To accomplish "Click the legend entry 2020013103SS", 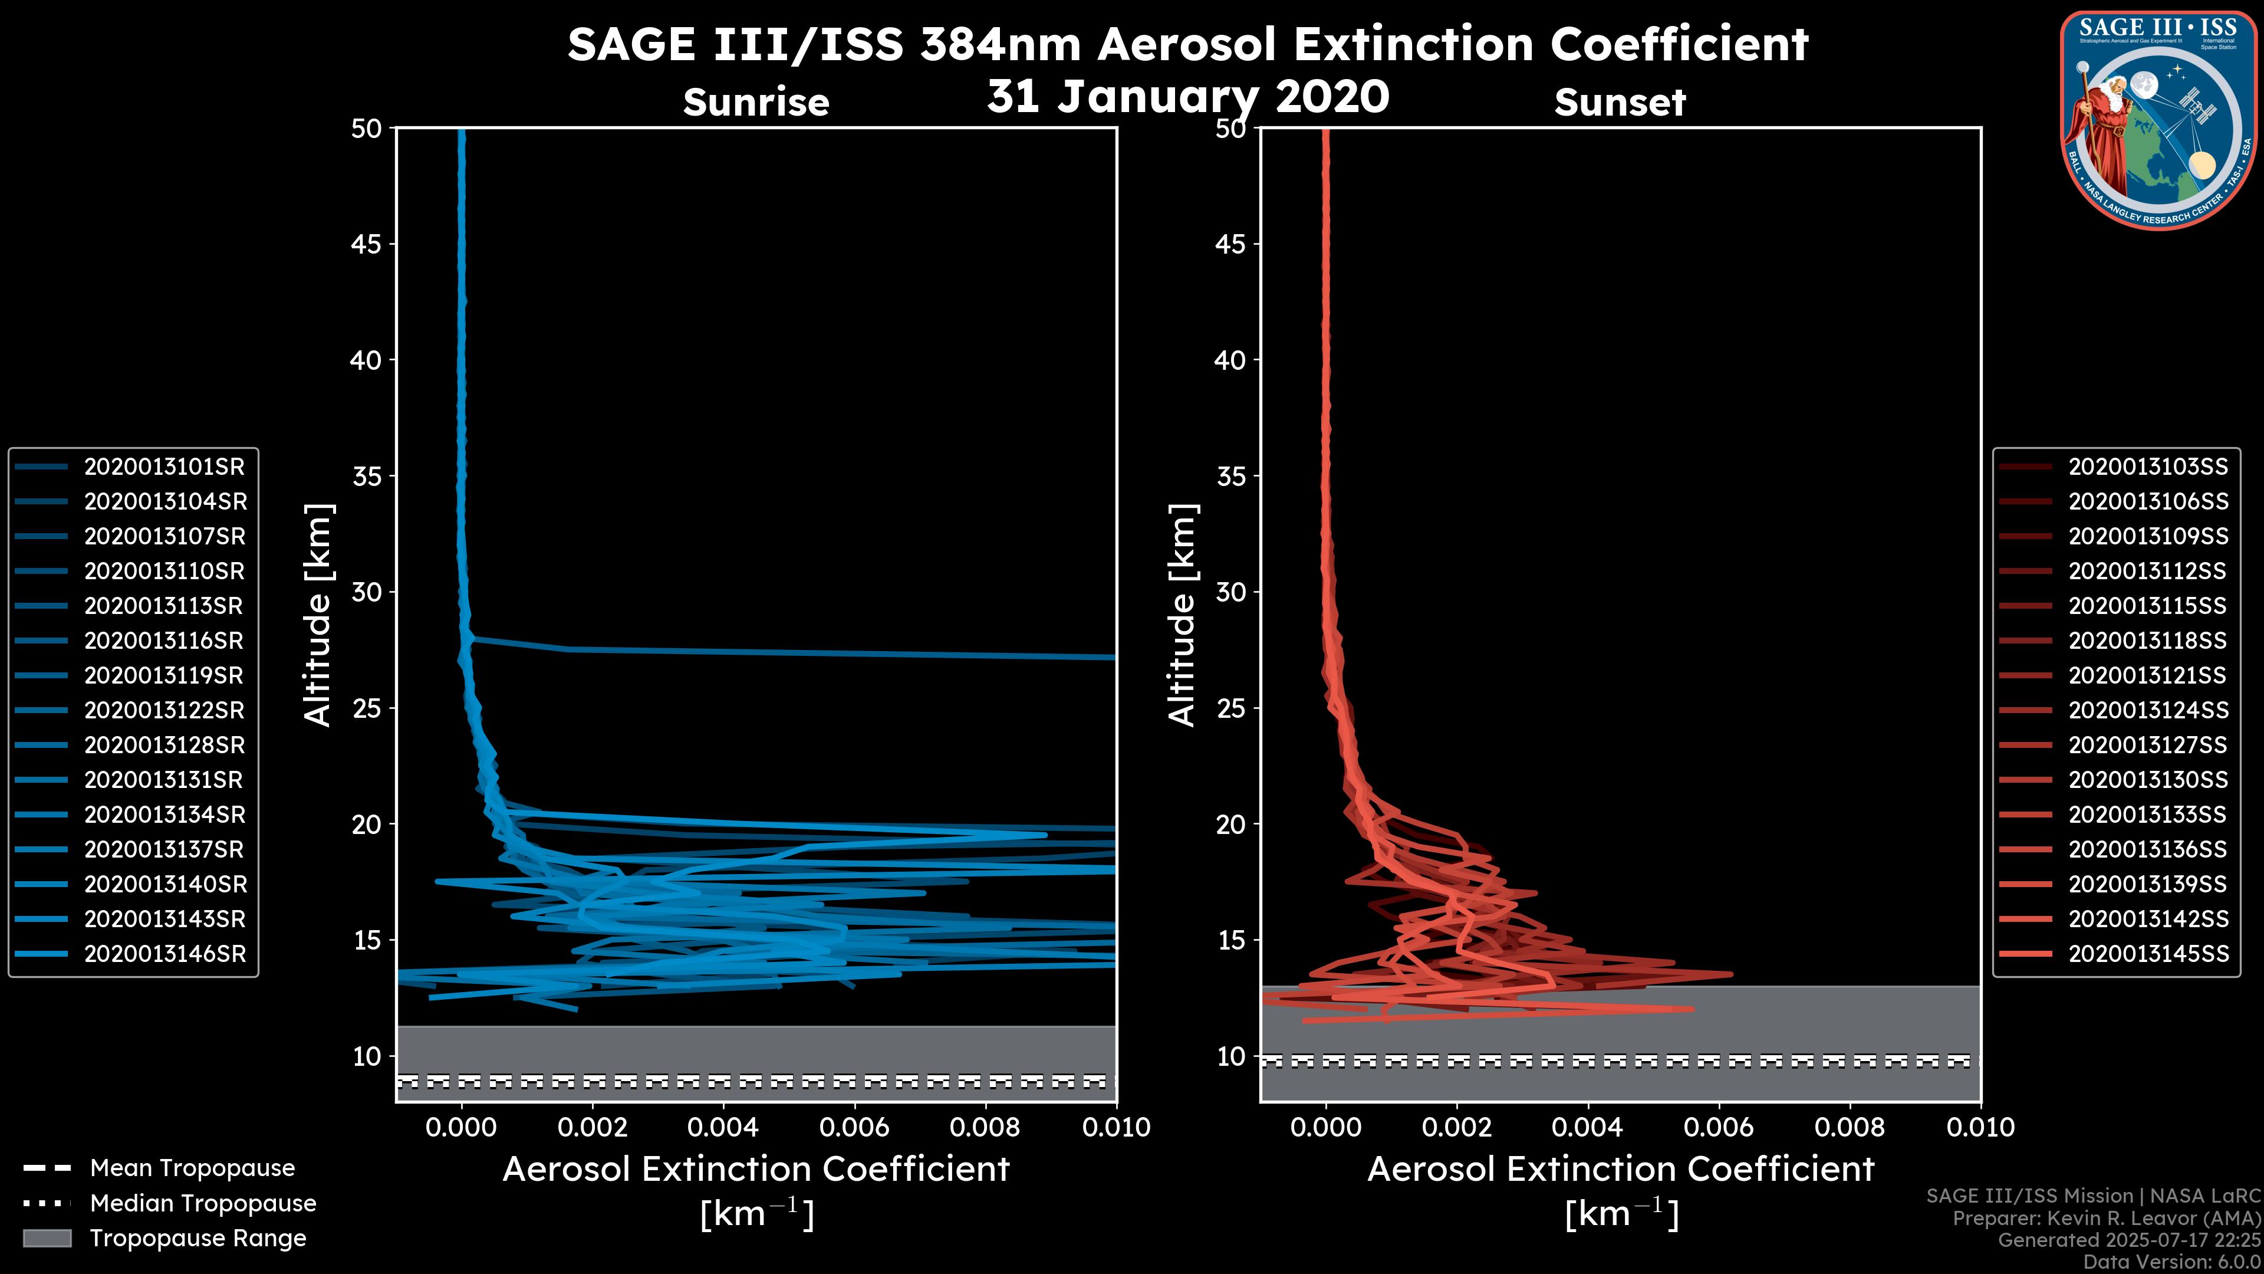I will click(x=2148, y=467).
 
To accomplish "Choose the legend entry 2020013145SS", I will click(x=2148, y=954).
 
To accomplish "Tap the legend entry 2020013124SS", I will click(x=2148, y=710).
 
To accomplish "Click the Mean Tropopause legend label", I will click(x=192, y=1168).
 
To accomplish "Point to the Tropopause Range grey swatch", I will click(x=47, y=1238).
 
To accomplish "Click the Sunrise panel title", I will click(x=756, y=102).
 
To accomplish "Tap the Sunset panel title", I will click(x=1620, y=102).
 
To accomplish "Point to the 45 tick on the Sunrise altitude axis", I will click(x=367, y=244).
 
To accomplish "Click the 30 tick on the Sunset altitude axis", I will click(x=1230, y=592).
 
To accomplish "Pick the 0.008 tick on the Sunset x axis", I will click(x=1850, y=1127).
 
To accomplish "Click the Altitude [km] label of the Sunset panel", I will click(x=1182, y=615).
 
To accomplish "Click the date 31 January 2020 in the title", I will click(x=1187, y=97).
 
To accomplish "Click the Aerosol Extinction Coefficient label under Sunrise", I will click(x=756, y=1170).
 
